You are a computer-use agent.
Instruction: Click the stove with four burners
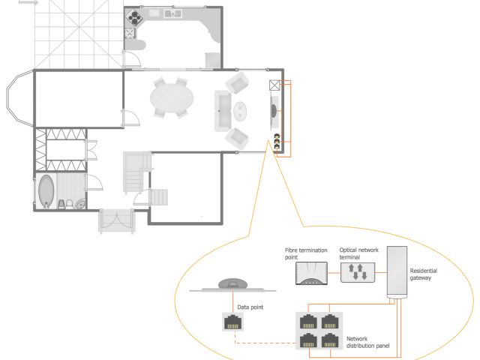[135, 16]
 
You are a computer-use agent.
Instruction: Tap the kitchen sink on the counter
[172, 13]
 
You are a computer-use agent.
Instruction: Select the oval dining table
[172, 98]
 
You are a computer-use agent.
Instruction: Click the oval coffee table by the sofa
[240, 112]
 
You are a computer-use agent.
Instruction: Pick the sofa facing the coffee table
[223, 111]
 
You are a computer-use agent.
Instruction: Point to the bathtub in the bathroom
[46, 191]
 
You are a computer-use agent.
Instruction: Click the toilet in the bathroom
[70, 204]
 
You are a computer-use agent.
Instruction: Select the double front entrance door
[116, 220]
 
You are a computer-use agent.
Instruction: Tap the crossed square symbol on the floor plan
[274, 85]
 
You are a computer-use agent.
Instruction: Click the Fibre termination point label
[306, 253]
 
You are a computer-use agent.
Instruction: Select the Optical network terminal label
[358, 253]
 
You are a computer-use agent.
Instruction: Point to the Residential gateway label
[423, 274]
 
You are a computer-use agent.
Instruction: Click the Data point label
[250, 307]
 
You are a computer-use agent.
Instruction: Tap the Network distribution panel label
[367, 342]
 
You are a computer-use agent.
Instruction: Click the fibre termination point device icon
[311, 273]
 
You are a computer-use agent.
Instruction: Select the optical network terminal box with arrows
[358, 272]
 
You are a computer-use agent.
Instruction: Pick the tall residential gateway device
[397, 272]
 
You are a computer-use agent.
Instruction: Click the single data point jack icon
[232, 322]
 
